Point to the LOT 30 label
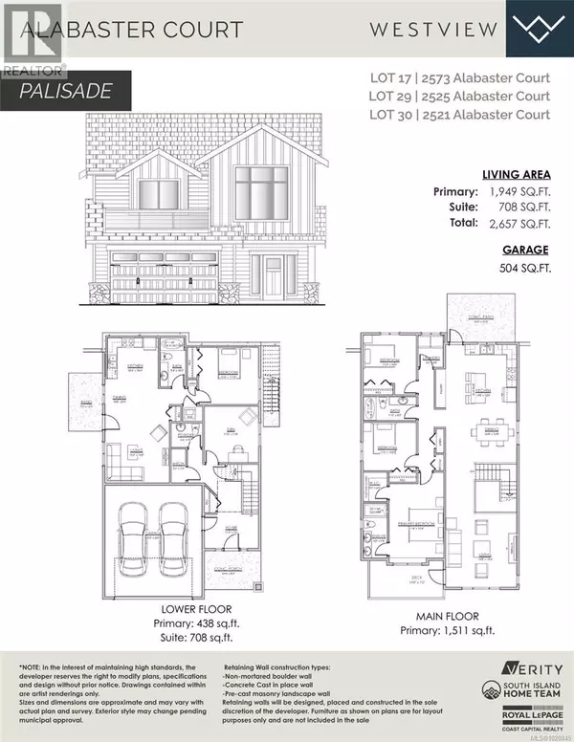tap(415, 115)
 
